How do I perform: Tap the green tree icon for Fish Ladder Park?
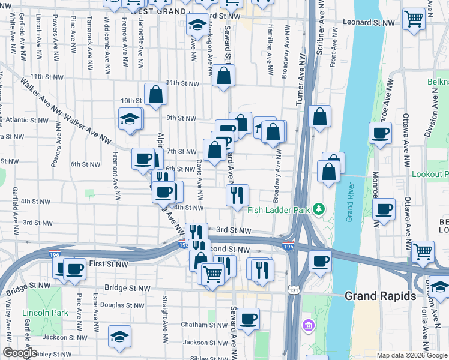[x=320, y=209]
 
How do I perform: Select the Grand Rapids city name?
[x=380, y=296]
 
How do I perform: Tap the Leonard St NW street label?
[x=369, y=22]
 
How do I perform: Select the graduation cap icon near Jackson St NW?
[x=119, y=336]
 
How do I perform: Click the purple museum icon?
[x=309, y=326]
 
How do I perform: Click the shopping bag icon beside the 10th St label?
[x=155, y=94]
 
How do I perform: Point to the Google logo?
[x=19, y=353]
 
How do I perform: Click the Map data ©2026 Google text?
[x=412, y=355]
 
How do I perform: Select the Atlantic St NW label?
[x=26, y=119]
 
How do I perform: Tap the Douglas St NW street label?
[x=125, y=305]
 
